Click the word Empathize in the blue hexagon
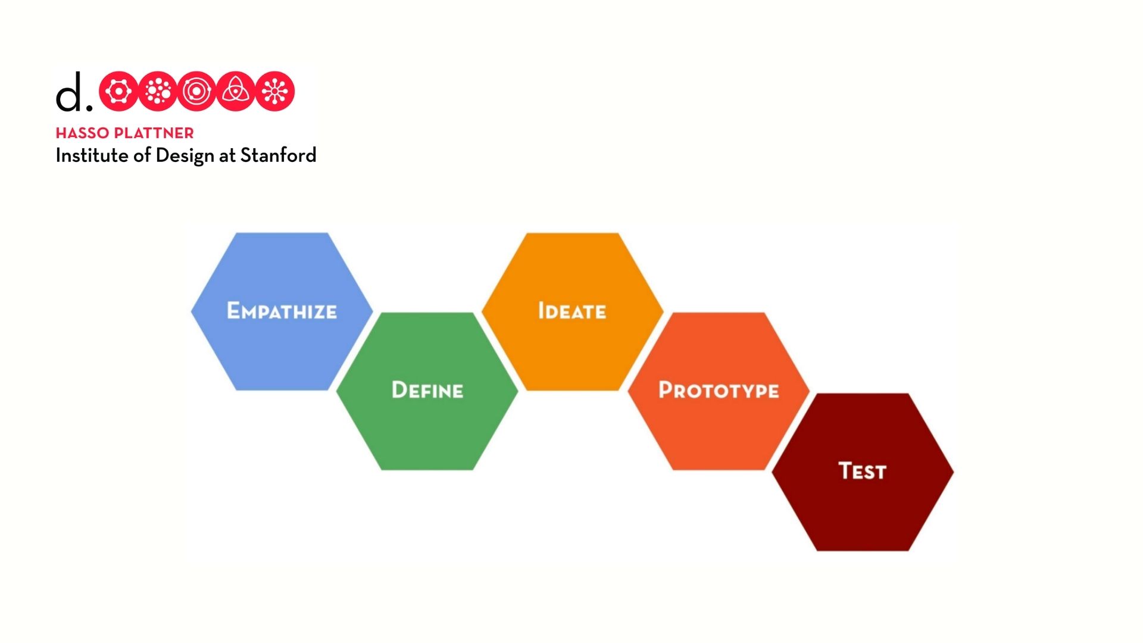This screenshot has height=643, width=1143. [282, 311]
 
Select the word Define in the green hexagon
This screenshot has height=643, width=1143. [427, 390]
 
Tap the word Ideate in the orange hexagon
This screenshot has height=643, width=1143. [572, 311]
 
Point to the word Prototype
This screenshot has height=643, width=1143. [719, 390]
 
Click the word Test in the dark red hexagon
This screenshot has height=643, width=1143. [863, 470]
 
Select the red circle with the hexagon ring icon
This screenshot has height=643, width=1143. [118, 91]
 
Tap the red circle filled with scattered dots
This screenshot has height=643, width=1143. [158, 91]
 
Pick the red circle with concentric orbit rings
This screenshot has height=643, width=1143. [196, 91]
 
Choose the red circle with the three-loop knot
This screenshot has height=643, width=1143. [236, 91]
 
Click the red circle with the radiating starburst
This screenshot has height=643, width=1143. [275, 91]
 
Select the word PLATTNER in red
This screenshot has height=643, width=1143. [154, 133]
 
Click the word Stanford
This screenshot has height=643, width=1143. [278, 155]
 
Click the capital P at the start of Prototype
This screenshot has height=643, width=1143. [666, 389]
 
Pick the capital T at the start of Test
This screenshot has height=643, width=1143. [846, 470]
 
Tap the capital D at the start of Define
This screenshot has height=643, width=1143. [399, 389]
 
